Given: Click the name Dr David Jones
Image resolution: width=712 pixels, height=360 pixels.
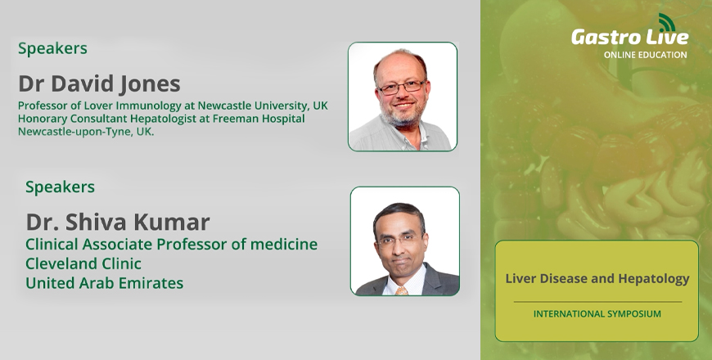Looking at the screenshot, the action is (99, 84).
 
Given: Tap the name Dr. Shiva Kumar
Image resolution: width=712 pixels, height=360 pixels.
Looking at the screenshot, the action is (118, 222).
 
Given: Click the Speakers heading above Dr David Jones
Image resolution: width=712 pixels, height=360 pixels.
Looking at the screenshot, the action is (52, 48).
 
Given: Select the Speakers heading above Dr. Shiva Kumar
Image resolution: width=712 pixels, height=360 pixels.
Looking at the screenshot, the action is (60, 187).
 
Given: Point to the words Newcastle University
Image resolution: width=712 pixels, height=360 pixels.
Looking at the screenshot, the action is (253, 106).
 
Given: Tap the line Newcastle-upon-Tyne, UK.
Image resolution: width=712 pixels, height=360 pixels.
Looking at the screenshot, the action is (86, 132).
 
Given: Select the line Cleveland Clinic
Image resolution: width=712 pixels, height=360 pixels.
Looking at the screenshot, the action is (83, 263).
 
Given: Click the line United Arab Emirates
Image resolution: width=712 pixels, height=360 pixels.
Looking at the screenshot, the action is (105, 283).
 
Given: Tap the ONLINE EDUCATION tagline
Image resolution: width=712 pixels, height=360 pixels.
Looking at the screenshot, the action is (645, 55).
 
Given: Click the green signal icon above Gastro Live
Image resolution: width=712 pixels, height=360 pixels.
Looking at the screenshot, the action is (667, 22).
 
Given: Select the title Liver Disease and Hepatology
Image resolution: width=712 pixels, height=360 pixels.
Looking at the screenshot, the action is (597, 279).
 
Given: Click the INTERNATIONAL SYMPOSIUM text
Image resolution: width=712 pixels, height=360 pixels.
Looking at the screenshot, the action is (597, 313).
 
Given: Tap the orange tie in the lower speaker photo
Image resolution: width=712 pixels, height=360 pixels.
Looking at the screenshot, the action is (402, 290).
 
